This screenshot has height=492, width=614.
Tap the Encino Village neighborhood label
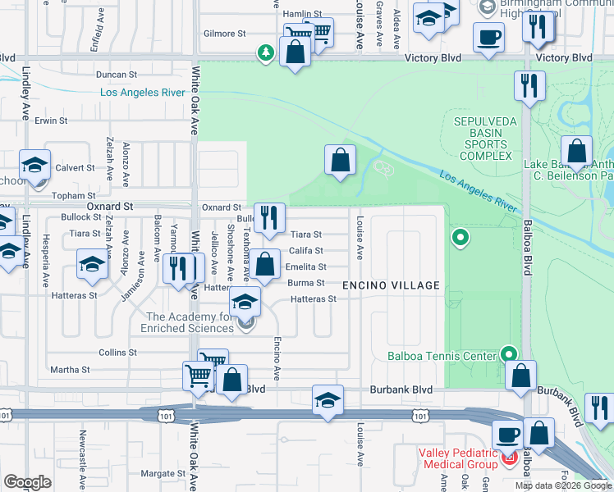(x=391, y=285)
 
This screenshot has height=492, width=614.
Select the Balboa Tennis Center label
(x=442, y=356)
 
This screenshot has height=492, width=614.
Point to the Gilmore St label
(x=225, y=34)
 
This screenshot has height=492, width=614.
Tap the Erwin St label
(x=50, y=121)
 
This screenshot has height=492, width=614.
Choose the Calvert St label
(x=76, y=167)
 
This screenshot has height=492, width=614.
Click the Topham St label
(x=75, y=196)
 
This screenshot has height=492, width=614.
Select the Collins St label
(x=117, y=352)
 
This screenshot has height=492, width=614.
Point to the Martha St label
(x=70, y=370)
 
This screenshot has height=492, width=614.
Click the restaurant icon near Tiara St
(x=269, y=218)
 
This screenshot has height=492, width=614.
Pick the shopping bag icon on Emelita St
(x=264, y=265)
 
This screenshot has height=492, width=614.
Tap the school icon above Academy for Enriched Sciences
(x=245, y=302)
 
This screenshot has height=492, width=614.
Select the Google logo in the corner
(x=27, y=482)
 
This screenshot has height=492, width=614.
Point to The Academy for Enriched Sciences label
(x=190, y=322)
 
